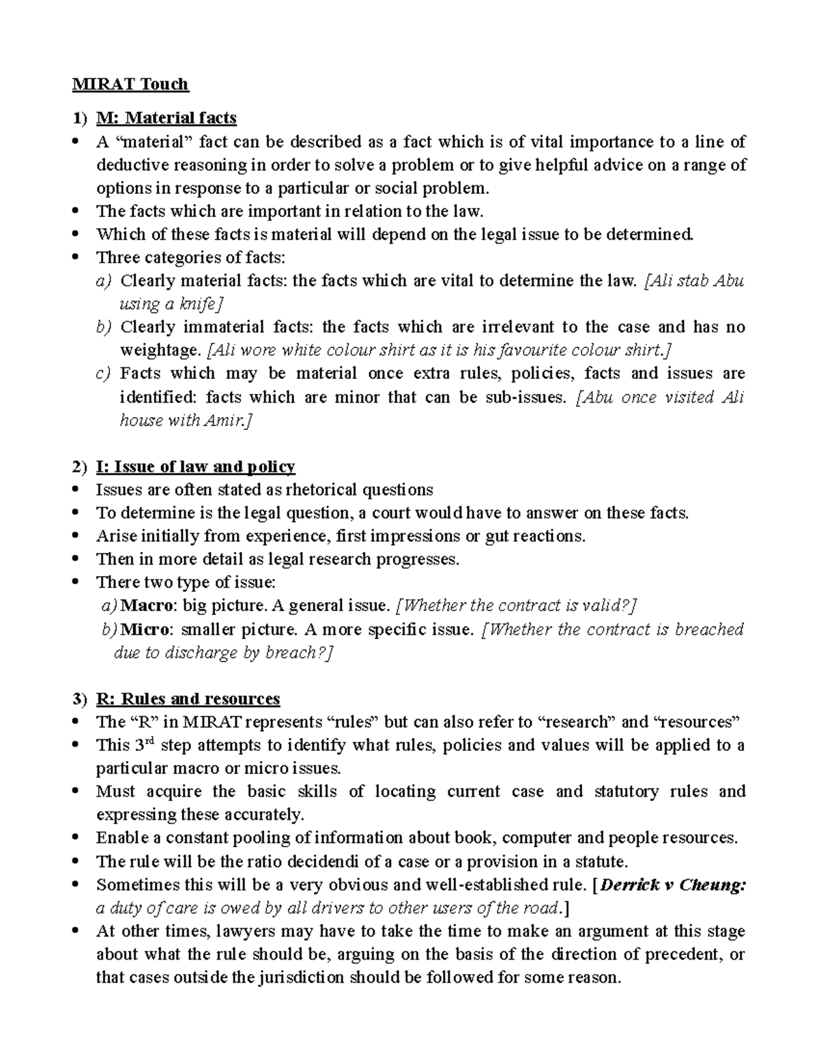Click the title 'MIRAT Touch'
(130, 84)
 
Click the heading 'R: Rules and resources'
(188, 699)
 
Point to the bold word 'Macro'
(149, 605)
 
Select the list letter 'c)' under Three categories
(104, 373)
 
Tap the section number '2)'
(80, 467)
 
